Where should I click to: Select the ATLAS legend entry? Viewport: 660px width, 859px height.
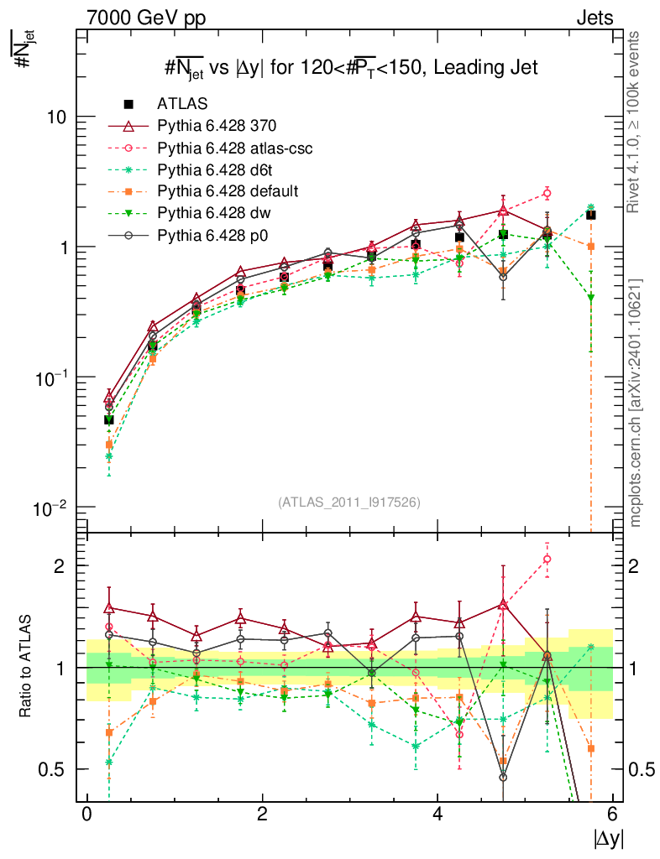click(182, 103)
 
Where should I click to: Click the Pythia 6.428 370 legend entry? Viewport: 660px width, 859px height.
click(217, 126)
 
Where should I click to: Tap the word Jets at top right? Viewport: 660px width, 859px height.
click(595, 18)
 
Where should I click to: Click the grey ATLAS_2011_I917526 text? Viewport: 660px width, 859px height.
click(349, 502)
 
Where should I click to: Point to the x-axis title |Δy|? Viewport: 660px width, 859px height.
click(607, 837)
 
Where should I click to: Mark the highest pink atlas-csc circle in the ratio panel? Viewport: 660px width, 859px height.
click(547, 559)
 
